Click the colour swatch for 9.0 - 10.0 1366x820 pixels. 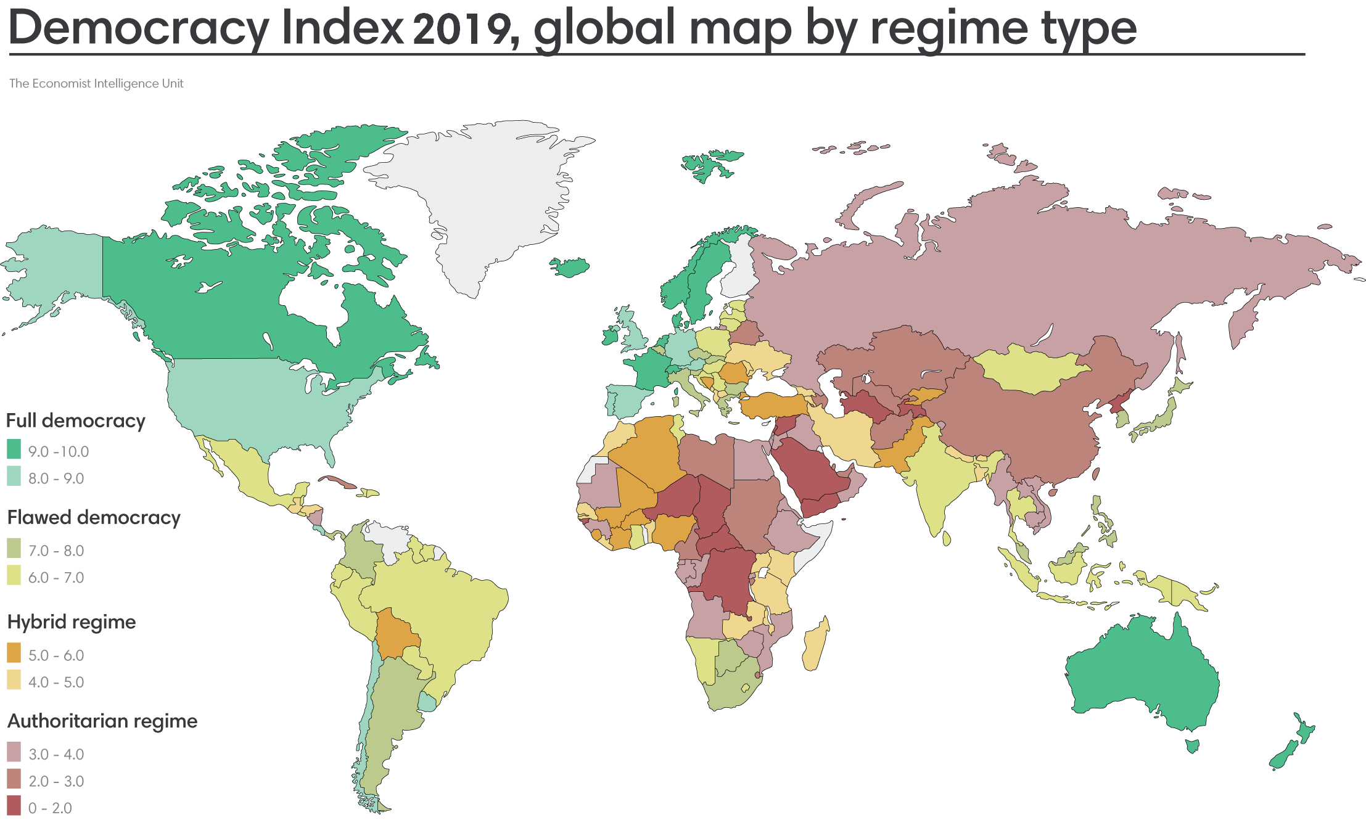14,449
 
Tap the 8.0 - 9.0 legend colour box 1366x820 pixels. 14,476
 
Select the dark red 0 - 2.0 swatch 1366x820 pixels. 14,805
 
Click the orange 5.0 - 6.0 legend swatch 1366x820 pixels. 14,652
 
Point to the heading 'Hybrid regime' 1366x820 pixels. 72,621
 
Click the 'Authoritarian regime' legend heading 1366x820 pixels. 102,721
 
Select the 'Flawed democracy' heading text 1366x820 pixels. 94,517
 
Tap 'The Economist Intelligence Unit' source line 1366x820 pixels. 96,83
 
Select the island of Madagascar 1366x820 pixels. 817,644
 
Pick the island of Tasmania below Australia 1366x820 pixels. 1192,746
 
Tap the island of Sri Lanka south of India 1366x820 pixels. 947,538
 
